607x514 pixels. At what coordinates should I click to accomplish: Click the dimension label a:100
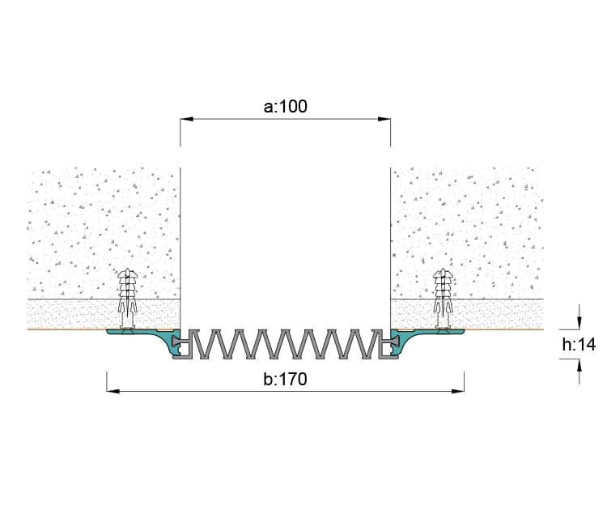(x=286, y=106)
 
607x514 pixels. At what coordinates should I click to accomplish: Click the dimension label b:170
(x=286, y=380)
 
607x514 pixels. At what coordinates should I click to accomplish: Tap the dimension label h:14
(x=579, y=345)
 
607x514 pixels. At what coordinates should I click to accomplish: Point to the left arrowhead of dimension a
(x=187, y=119)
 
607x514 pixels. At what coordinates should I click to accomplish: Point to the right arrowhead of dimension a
(x=384, y=119)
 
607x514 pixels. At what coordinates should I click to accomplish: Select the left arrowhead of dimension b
(x=113, y=391)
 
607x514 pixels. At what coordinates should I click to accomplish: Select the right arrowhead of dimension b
(x=458, y=391)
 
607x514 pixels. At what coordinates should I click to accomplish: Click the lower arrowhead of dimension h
(x=579, y=365)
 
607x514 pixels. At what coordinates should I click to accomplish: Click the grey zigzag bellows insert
(x=286, y=344)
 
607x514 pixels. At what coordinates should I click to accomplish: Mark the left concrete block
(x=104, y=233)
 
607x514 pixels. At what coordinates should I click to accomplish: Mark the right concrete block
(x=467, y=233)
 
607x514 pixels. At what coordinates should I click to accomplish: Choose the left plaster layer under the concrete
(x=104, y=314)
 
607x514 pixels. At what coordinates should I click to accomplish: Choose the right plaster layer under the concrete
(x=467, y=314)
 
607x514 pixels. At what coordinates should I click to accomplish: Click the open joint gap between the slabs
(x=286, y=248)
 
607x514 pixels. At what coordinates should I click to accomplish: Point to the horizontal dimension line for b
(x=286, y=391)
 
